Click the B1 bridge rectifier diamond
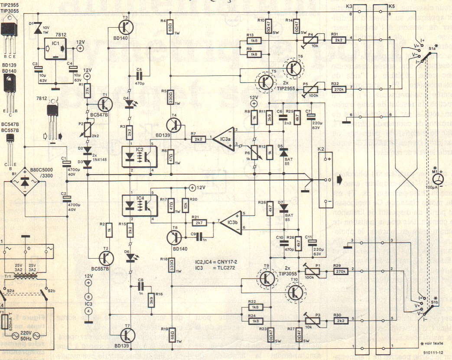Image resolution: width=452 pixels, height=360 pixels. pos(25,183)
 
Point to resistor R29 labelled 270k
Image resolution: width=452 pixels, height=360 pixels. pos(339,272)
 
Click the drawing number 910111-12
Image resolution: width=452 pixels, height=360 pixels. pos(434,353)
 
